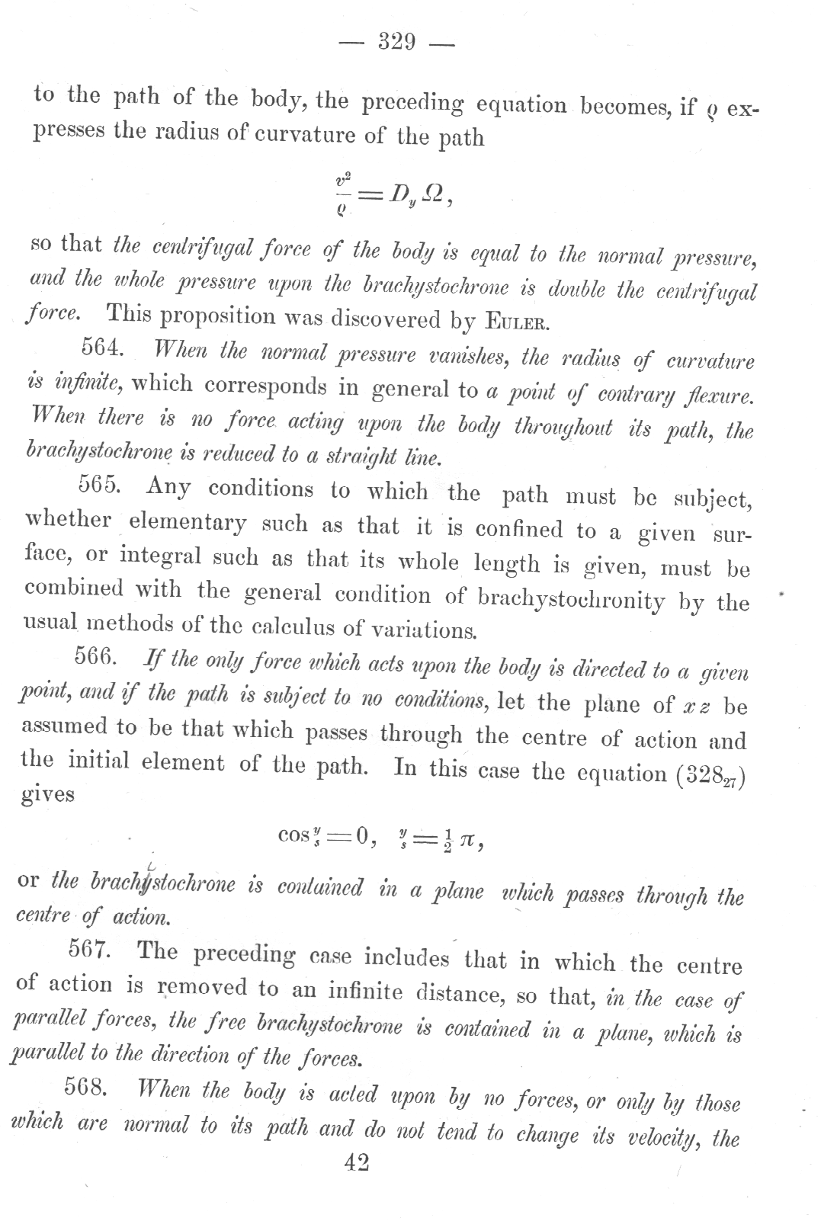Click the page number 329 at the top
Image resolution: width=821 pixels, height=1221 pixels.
tap(396, 42)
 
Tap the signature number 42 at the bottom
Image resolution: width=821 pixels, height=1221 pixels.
tap(356, 1163)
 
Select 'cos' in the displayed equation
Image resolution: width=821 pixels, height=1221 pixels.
tap(293, 835)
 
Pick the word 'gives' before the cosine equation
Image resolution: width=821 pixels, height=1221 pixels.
tap(48, 795)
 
